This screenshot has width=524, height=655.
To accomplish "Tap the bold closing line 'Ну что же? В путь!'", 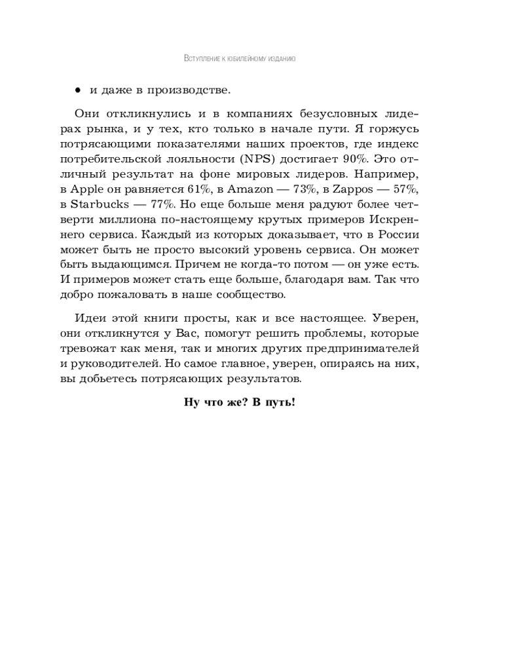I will point(240,402).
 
